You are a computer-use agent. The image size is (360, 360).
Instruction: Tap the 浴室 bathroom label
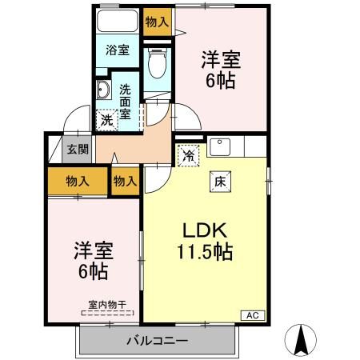[x=118, y=50]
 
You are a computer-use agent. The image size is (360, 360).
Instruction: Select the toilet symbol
[x=157, y=62]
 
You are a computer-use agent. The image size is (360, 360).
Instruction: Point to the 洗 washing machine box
[x=106, y=120]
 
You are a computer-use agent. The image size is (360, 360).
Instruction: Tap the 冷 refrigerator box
[x=189, y=156]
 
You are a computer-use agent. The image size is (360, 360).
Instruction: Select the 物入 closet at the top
[x=158, y=22]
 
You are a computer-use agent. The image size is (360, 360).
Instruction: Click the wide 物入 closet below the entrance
[x=77, y=182]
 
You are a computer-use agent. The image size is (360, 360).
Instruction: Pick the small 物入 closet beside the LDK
[x=126, y=182]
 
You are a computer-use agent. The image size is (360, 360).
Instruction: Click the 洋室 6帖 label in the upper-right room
[x=220, y=69]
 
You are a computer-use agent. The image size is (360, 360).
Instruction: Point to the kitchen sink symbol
[x=221, y=146]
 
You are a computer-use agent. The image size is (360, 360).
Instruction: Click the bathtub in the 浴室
[x=117, y=22]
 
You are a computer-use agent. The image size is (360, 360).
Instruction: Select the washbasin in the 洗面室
[x=104, y=90]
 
